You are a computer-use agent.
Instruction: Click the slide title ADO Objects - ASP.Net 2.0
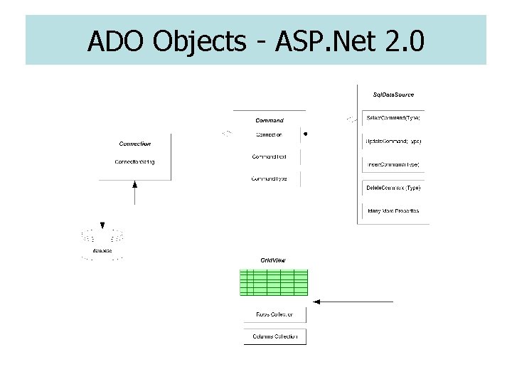pos(255,42)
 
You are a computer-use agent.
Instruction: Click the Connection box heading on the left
pos(134,144)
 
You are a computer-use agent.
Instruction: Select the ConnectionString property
pos(134,162)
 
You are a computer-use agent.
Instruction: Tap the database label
pos(103,250)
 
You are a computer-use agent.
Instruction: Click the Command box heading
pos(269,120)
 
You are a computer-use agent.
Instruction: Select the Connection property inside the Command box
pos(269,134)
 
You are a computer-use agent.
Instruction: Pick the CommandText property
pos(269,156)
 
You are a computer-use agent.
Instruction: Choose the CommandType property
pos(269,178)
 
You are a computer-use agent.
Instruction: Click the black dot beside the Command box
pos(305,133)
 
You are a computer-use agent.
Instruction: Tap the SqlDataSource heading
pos(393,95)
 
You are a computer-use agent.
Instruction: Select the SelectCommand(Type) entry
pos(393,117)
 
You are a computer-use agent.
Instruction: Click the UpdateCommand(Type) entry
pos(393,141)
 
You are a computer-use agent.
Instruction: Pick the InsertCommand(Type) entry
pos(393,164)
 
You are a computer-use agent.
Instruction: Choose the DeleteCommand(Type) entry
pos(393,188)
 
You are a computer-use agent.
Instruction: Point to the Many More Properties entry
pos(393,211)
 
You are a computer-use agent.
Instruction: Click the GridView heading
pos(273,261)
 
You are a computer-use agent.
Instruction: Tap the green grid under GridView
pos(274,282)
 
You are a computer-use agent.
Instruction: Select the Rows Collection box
pos(274,314)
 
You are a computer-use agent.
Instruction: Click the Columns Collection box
pos(274,336)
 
